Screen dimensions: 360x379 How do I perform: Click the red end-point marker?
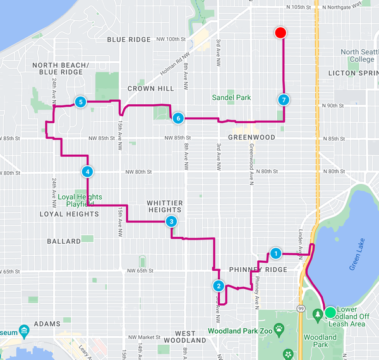tap(281, 33)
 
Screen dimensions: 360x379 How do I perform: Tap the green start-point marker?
tap(330, 312)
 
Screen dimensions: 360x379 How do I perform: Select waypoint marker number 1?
tap(275, 253)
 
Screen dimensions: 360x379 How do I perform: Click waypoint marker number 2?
tap(218, 285)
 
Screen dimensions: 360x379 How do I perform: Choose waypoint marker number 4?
tap(87, 171)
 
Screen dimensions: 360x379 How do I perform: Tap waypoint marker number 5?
tap(80, 101)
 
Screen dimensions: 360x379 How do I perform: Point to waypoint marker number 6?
tap(179, 117)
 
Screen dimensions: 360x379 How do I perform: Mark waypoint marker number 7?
tap(284, 99)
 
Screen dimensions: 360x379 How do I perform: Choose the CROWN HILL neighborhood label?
tap(150, 88)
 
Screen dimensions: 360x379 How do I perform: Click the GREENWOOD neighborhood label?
tap(251, 137)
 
